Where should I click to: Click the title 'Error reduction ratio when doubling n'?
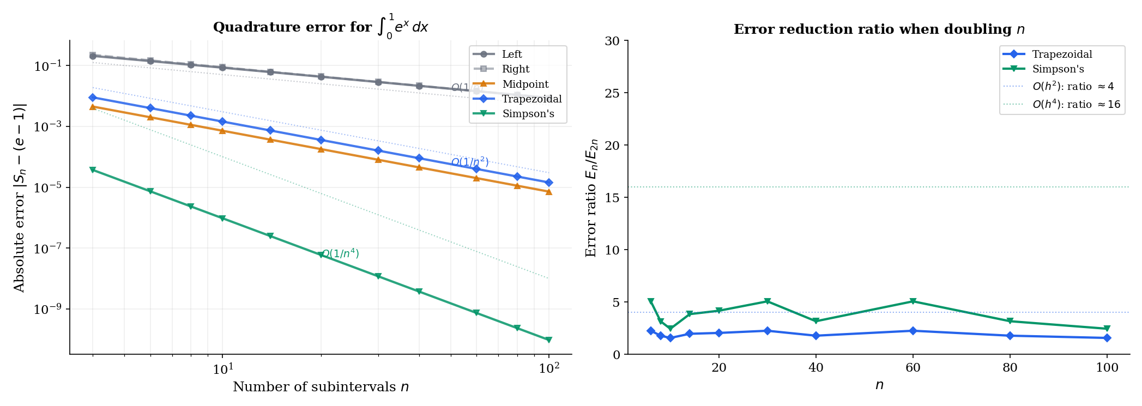[x=879, y=29]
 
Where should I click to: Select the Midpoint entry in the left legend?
[x=525, y=84]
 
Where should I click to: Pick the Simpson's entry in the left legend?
[x=528, y=113]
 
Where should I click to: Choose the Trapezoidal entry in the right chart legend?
[x=1062, y=54]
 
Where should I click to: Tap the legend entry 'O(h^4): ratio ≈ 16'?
[x=1076, y=104]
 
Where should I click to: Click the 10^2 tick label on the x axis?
[x=549, y=369]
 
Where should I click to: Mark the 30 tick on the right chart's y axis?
[x=613, y=41]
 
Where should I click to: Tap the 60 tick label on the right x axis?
[x=913, y=368]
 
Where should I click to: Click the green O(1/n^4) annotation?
[x=340, y=254]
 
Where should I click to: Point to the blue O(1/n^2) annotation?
[x=469, y=162]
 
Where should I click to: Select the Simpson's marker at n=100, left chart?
[x=549, y=340]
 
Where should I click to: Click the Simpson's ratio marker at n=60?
[x=913, y=301]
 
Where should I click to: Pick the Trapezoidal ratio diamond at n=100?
[x=1107, y=338]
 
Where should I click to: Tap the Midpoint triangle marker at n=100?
[x=549, y=191]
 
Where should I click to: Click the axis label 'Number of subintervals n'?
[x=321, y=387]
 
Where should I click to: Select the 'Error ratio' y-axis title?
[x=591, y=198]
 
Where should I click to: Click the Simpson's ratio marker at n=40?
[x=816, y=321]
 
